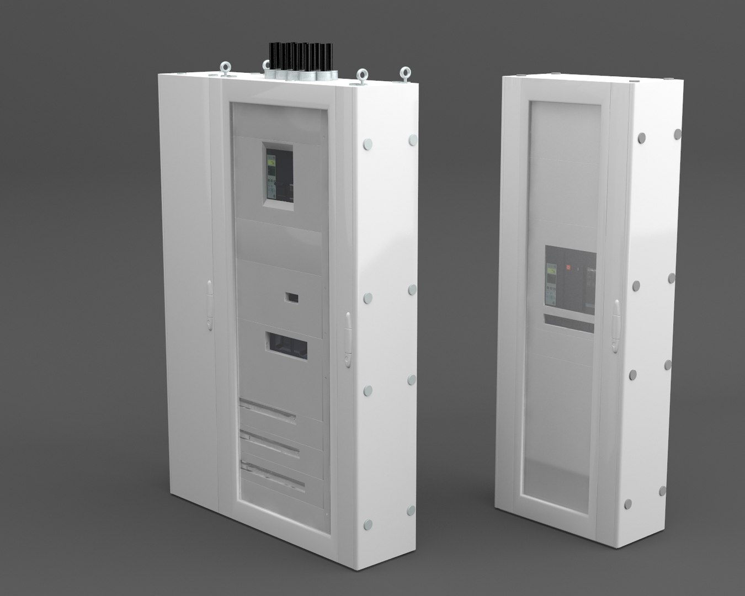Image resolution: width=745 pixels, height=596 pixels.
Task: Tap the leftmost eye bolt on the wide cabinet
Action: (226, 68)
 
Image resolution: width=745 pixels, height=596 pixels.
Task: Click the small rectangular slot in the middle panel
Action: (291, 298)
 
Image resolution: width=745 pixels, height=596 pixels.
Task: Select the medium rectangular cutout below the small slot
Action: (286, 345)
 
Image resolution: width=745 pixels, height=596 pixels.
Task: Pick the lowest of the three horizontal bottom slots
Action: (273, 476)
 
